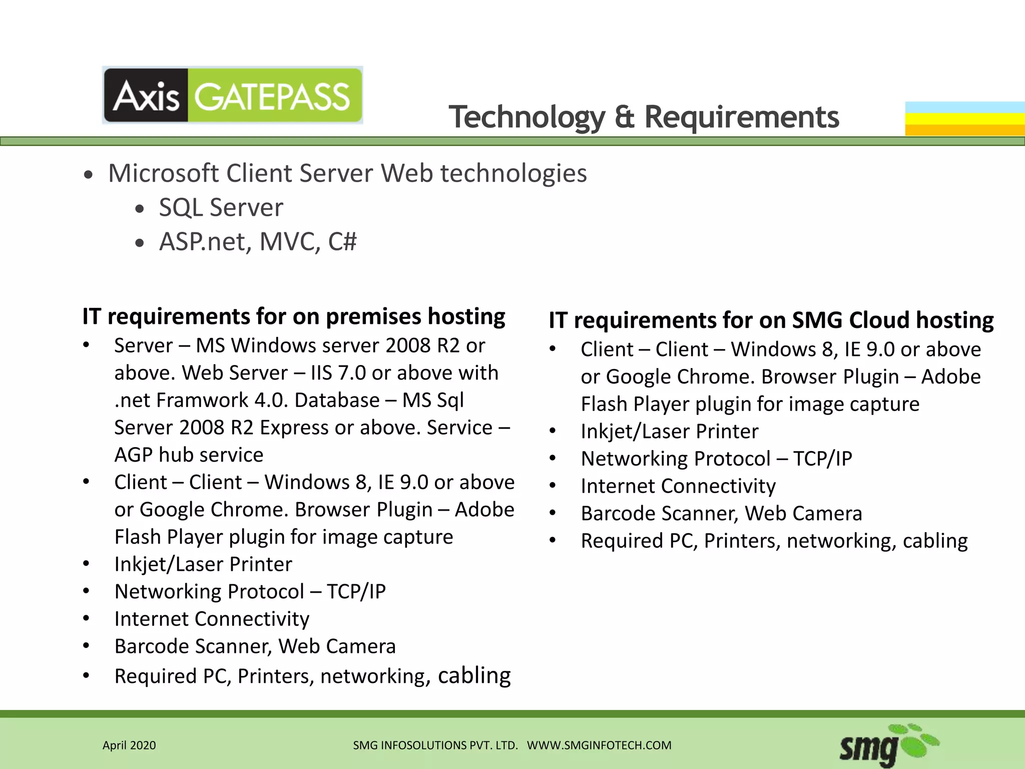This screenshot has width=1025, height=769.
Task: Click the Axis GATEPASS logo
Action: coord(232,96)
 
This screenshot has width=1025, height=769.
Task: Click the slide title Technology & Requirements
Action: coord(644,117)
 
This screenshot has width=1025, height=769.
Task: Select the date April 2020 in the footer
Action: coord(129,745)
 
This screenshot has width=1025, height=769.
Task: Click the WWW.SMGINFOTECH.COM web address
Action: coord(599,745)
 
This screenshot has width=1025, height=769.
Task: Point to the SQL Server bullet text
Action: coord(221,208)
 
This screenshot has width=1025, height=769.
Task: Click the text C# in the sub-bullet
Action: coord(342,242)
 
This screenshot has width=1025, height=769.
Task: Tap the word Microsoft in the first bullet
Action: coord(163,174)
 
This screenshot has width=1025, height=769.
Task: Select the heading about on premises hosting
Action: coord(294,317)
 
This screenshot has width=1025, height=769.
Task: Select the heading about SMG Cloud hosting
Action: coord(771,320)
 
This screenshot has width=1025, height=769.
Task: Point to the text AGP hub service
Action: coord(189,455)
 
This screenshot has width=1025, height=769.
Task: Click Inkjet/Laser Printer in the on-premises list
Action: coord(203,565)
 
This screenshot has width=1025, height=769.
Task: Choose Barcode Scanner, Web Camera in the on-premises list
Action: coord(255,647)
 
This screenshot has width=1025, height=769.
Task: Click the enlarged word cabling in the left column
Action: coord(474,675)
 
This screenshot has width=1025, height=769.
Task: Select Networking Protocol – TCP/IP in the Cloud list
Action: coord(716,459)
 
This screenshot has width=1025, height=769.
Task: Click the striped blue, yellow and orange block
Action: coord(964,119)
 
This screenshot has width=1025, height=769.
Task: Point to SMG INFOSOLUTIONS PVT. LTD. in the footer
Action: coord(435,745)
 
